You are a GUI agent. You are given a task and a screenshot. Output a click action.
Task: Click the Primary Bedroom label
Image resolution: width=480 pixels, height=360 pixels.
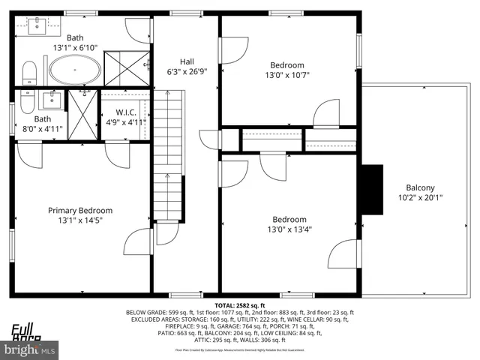click(x=80, y=211)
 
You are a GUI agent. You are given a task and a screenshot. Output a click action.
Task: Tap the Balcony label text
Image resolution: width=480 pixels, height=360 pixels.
click(x=420, y=187)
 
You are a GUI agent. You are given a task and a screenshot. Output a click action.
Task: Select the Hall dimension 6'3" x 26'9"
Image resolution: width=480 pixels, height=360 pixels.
click(x=187, y=73)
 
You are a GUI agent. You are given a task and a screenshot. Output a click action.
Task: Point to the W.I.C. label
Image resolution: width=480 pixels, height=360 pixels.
click(x=124, y=112)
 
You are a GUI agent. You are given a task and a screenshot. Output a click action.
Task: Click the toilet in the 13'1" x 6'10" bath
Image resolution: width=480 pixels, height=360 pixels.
click(x=30, y=73)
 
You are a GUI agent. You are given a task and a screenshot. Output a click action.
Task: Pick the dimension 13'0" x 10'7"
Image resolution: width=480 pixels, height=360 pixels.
click(x=287, y=75)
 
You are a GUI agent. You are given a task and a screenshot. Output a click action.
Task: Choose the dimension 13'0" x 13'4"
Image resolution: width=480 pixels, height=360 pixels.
click(x=288, y=229)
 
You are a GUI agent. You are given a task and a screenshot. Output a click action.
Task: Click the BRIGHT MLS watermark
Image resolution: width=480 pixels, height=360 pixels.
click(x=30, y=349)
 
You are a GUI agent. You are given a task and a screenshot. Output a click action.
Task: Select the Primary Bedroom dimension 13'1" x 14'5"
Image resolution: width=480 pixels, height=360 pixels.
click(x=80, y=222)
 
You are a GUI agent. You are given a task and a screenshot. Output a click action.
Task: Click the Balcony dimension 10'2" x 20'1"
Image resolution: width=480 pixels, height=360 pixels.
click(x=420, y=199)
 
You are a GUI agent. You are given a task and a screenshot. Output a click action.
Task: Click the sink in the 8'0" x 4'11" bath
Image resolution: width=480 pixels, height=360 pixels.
click(x=51, y=100)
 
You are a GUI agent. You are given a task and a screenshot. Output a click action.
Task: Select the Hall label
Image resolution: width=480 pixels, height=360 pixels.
click(x=187, y=61)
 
